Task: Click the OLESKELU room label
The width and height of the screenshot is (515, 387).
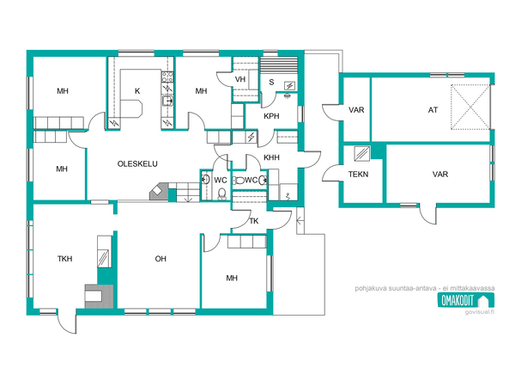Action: click(137, 164)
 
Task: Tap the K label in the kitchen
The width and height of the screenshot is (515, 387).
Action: click(137, 91)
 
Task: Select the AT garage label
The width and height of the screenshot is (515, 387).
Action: click(433, 110)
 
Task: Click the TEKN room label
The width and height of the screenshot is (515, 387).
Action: click(358, 174)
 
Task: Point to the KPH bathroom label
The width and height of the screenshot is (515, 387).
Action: click(271, 116)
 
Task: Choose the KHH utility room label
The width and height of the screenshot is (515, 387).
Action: click(271, 157)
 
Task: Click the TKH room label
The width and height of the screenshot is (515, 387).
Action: click(64, 259)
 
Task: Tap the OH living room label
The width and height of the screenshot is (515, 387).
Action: click(161, 259)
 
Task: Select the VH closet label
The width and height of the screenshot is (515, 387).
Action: click(240, 79)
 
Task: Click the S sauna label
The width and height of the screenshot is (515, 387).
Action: click(271, 82)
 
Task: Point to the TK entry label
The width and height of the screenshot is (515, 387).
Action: click(254, 221)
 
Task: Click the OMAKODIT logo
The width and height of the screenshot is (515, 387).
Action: click(466, 300)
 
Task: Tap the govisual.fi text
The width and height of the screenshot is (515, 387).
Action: click(480, 311)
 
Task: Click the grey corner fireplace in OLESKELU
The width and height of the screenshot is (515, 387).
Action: click(159, 192)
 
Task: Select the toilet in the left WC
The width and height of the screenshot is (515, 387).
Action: click(222, 194)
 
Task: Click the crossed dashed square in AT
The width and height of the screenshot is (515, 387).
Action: click(470, 107)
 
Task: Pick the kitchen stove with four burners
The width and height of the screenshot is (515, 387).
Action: click(167, 77)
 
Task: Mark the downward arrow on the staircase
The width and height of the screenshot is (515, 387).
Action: click(188, 199)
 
